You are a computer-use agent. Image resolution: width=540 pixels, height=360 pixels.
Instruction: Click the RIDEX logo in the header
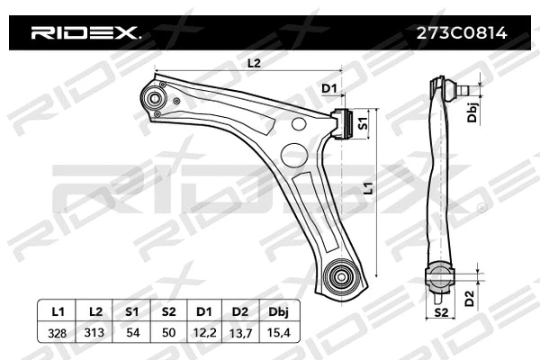coord(85,33)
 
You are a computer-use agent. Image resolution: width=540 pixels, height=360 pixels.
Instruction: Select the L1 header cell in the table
coord(58,311)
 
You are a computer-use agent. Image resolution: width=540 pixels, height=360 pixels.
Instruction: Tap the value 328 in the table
coord(58,332)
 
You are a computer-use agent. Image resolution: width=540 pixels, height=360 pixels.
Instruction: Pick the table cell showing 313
coord(95,332)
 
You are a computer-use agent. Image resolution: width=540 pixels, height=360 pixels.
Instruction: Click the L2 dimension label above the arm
coord(253,63)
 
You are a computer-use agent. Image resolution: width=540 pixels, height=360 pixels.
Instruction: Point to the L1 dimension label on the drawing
coord(367,190)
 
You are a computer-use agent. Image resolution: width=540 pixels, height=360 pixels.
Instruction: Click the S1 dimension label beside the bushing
coord(363,122)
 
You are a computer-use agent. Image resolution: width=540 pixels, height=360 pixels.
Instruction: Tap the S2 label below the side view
coord(440,312)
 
